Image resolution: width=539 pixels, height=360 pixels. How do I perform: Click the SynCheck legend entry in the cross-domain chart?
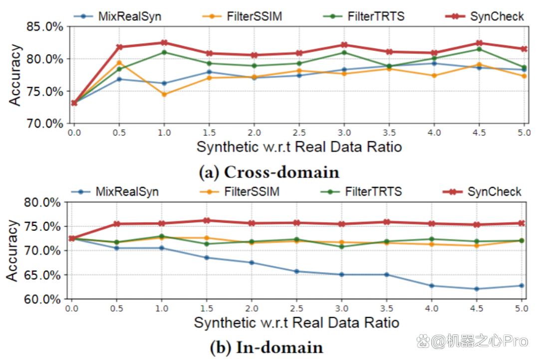(x=484, y=16)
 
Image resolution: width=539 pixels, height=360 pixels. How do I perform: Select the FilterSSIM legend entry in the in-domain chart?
(x=240, y=191)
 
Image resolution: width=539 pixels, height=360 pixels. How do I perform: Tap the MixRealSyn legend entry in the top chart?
(x=118, y=16)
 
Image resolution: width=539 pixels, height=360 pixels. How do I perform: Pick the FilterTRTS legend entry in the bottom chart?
(x=361, y=191)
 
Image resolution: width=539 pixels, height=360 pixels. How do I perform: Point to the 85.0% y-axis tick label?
(x=45, y=26)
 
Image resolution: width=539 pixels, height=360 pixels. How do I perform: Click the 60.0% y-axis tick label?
(x=42, y=299)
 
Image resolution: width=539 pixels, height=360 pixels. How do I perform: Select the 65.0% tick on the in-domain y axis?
(x=42, y=275)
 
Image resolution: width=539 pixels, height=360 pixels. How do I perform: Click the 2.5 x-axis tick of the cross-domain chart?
(x=299, y=133)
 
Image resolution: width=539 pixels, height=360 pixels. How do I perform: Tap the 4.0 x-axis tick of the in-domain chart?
(x=431, y=308)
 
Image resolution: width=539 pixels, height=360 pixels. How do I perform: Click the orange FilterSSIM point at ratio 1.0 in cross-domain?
(x=164, y=94)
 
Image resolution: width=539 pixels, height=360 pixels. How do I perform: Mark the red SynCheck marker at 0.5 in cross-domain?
(x=119, y=47)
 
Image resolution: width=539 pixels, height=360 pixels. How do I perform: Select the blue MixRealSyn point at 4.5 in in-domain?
(x=477, y=289)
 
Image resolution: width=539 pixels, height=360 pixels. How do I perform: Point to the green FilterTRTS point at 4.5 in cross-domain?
(x=479, y=49)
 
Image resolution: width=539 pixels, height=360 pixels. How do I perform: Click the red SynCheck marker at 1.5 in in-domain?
(x=207, y=220)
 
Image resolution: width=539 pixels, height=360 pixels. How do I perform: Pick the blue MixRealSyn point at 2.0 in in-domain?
(x=252, y=262)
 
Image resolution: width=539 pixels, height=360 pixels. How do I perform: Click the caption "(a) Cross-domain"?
(x=269, y=172)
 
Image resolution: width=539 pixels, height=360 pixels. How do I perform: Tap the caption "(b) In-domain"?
(x=267, y=348)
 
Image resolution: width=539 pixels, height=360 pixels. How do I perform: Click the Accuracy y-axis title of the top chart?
(x=15, y=74)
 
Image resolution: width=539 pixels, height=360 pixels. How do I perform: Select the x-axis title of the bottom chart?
(x=296, y=323)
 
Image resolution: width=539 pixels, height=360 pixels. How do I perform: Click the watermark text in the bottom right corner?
(x=473, y=342)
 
